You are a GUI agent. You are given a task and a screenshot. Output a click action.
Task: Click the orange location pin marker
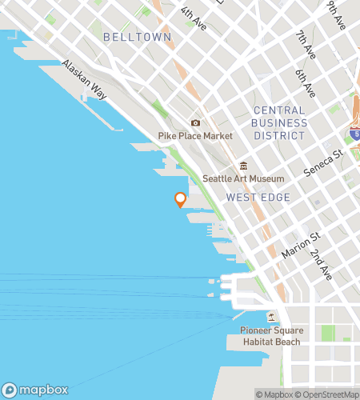pos(180,199)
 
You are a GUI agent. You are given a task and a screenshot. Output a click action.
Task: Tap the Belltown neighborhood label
pos(126,38)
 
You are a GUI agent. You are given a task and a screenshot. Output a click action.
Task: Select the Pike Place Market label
pos(195,136)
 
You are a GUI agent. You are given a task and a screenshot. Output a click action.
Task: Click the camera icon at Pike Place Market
pos(195,123)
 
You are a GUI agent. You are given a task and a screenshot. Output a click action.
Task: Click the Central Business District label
pos(278,123)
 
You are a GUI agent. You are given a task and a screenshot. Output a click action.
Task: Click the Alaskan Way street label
pos(85,80)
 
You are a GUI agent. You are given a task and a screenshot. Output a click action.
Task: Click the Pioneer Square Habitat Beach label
pos(270,336)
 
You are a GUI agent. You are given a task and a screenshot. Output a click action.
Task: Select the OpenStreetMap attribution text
pos(326,394)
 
